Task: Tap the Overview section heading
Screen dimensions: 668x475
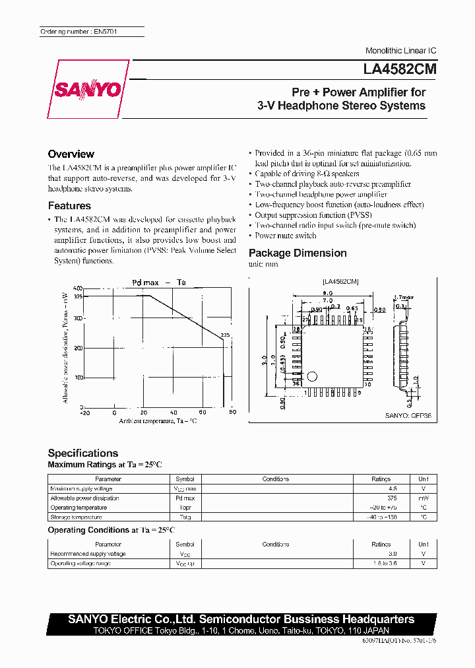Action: pyautogui.click(x=71, y=154)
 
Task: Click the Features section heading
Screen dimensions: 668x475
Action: pyautogui.click(x=69, y=206)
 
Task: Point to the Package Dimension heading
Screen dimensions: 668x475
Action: pyautogui.click(x=298, y=253)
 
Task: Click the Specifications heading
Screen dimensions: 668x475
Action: pyautogui.click(x=83, y=453)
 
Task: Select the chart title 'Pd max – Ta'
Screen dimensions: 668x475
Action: pyautogui.click(x=159, y=282)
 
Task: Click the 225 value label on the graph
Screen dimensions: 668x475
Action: pyautogui.click(x=225, y=335)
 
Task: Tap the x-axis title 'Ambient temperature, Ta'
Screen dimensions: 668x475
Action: pyautogui.click(x=158, y=420)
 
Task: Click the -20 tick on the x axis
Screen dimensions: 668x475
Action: pyautogui.click(x=84, y=413)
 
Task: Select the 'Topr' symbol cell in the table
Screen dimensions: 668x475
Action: pyautogui.click(x=185, y=508)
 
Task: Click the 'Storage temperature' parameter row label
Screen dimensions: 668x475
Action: pyautogui.click(x=79, y=518)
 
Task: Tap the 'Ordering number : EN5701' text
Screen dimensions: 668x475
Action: pyautogui.click(x=79, y=32)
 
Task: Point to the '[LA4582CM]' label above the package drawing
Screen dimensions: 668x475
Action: pyautogui.click(x=340, y=281)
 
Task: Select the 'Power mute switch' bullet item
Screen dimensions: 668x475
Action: pyautogui.click(x=286, y=236)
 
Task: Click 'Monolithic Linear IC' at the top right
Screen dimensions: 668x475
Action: pyautogui.click(x=400, y=51)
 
